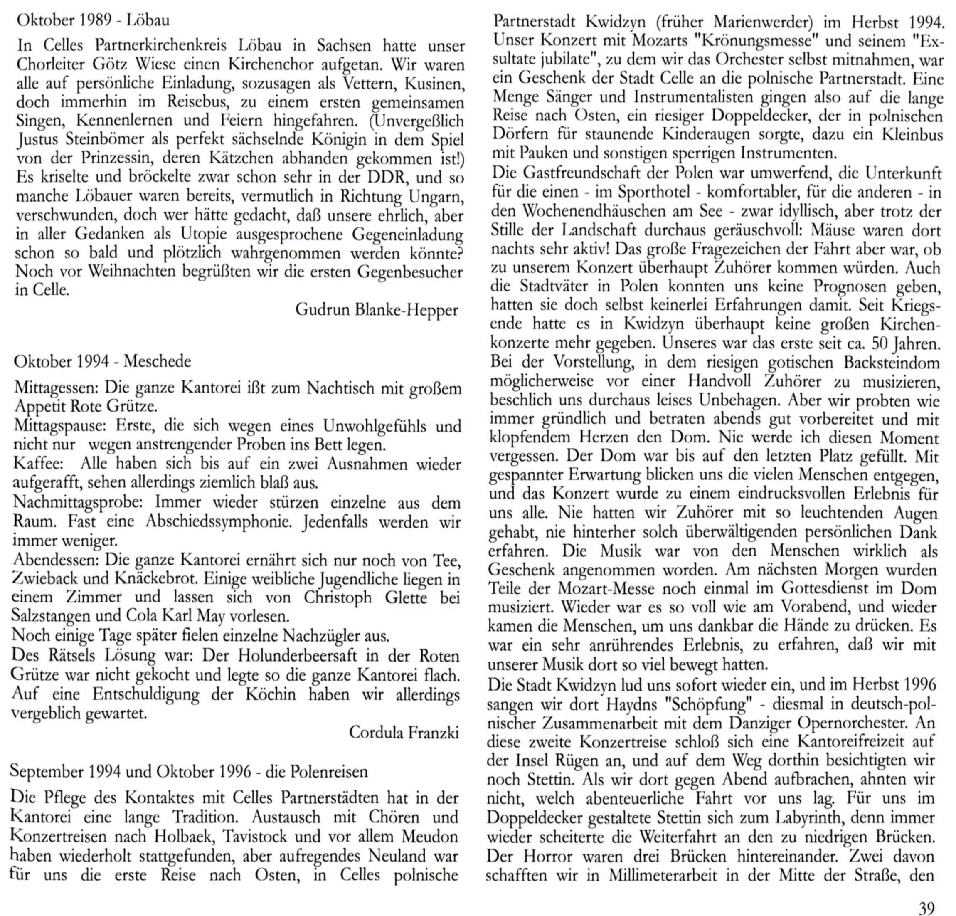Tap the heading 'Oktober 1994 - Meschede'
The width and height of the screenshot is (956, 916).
point(102,362)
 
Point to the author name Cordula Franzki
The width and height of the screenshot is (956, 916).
point(404,732)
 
